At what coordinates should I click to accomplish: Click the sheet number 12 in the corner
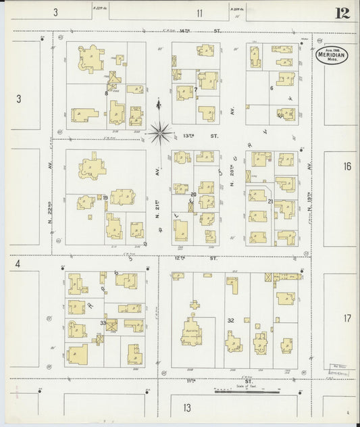pyautogui.click(x=340, y=13)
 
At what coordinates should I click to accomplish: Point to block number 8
pyautogui.click(x=106, y=93)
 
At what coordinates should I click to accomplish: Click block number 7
pyautogui.click(x=196, y=89)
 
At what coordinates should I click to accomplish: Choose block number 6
pyautogui.click(x=271, y=88)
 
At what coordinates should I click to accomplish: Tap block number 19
pyautogui.click(x=107, y=197)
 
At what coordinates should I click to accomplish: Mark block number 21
pyautogui.click(x=270, y=201)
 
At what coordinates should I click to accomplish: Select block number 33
pyautogui.click(x=103, y=323)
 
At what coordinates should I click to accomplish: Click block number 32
pyautogui.click(x=230, y=320)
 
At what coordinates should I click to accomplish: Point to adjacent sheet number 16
pyautogui.click(x=347, y=166)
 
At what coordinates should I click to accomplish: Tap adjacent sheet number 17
pyautogui.click(x=347, y=318)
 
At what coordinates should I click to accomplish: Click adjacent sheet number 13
pyautogui.click(x=186, y=407)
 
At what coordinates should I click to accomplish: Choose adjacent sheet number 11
pyautogui.click(x=200, y=12)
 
